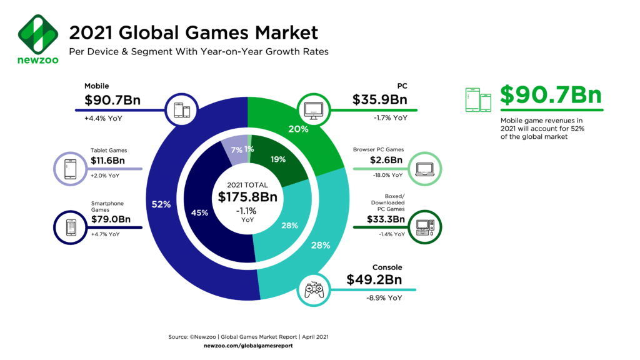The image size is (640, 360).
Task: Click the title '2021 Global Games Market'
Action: (x=193, y=32)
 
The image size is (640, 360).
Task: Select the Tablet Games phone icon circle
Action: (x=69, y=169)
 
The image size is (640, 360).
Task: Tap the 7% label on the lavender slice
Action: (x=236, y=150)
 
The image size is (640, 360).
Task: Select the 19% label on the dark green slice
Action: (x=278, y=159)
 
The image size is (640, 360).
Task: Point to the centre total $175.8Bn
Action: (x=247, y=197)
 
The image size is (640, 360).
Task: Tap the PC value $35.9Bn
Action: (x=380, y=100)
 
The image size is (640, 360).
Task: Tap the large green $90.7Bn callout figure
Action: (x=551, y=96)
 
